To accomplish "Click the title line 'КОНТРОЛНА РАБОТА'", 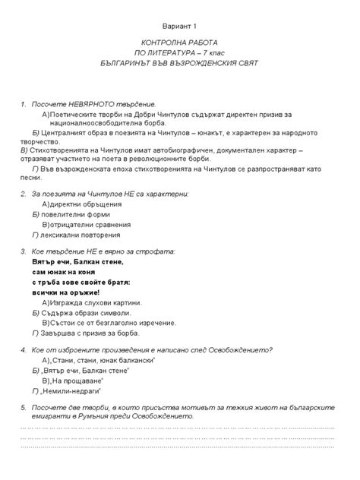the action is click(179, 44).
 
